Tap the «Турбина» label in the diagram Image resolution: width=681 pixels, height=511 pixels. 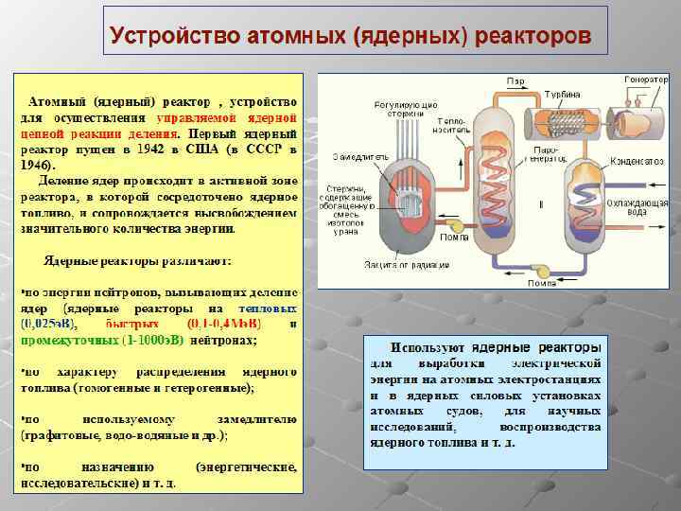click(566, 97)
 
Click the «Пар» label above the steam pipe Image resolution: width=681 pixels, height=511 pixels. click(516, 79)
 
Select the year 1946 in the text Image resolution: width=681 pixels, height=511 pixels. click(37, 164)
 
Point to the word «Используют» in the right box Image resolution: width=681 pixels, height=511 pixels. click(428, 347)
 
